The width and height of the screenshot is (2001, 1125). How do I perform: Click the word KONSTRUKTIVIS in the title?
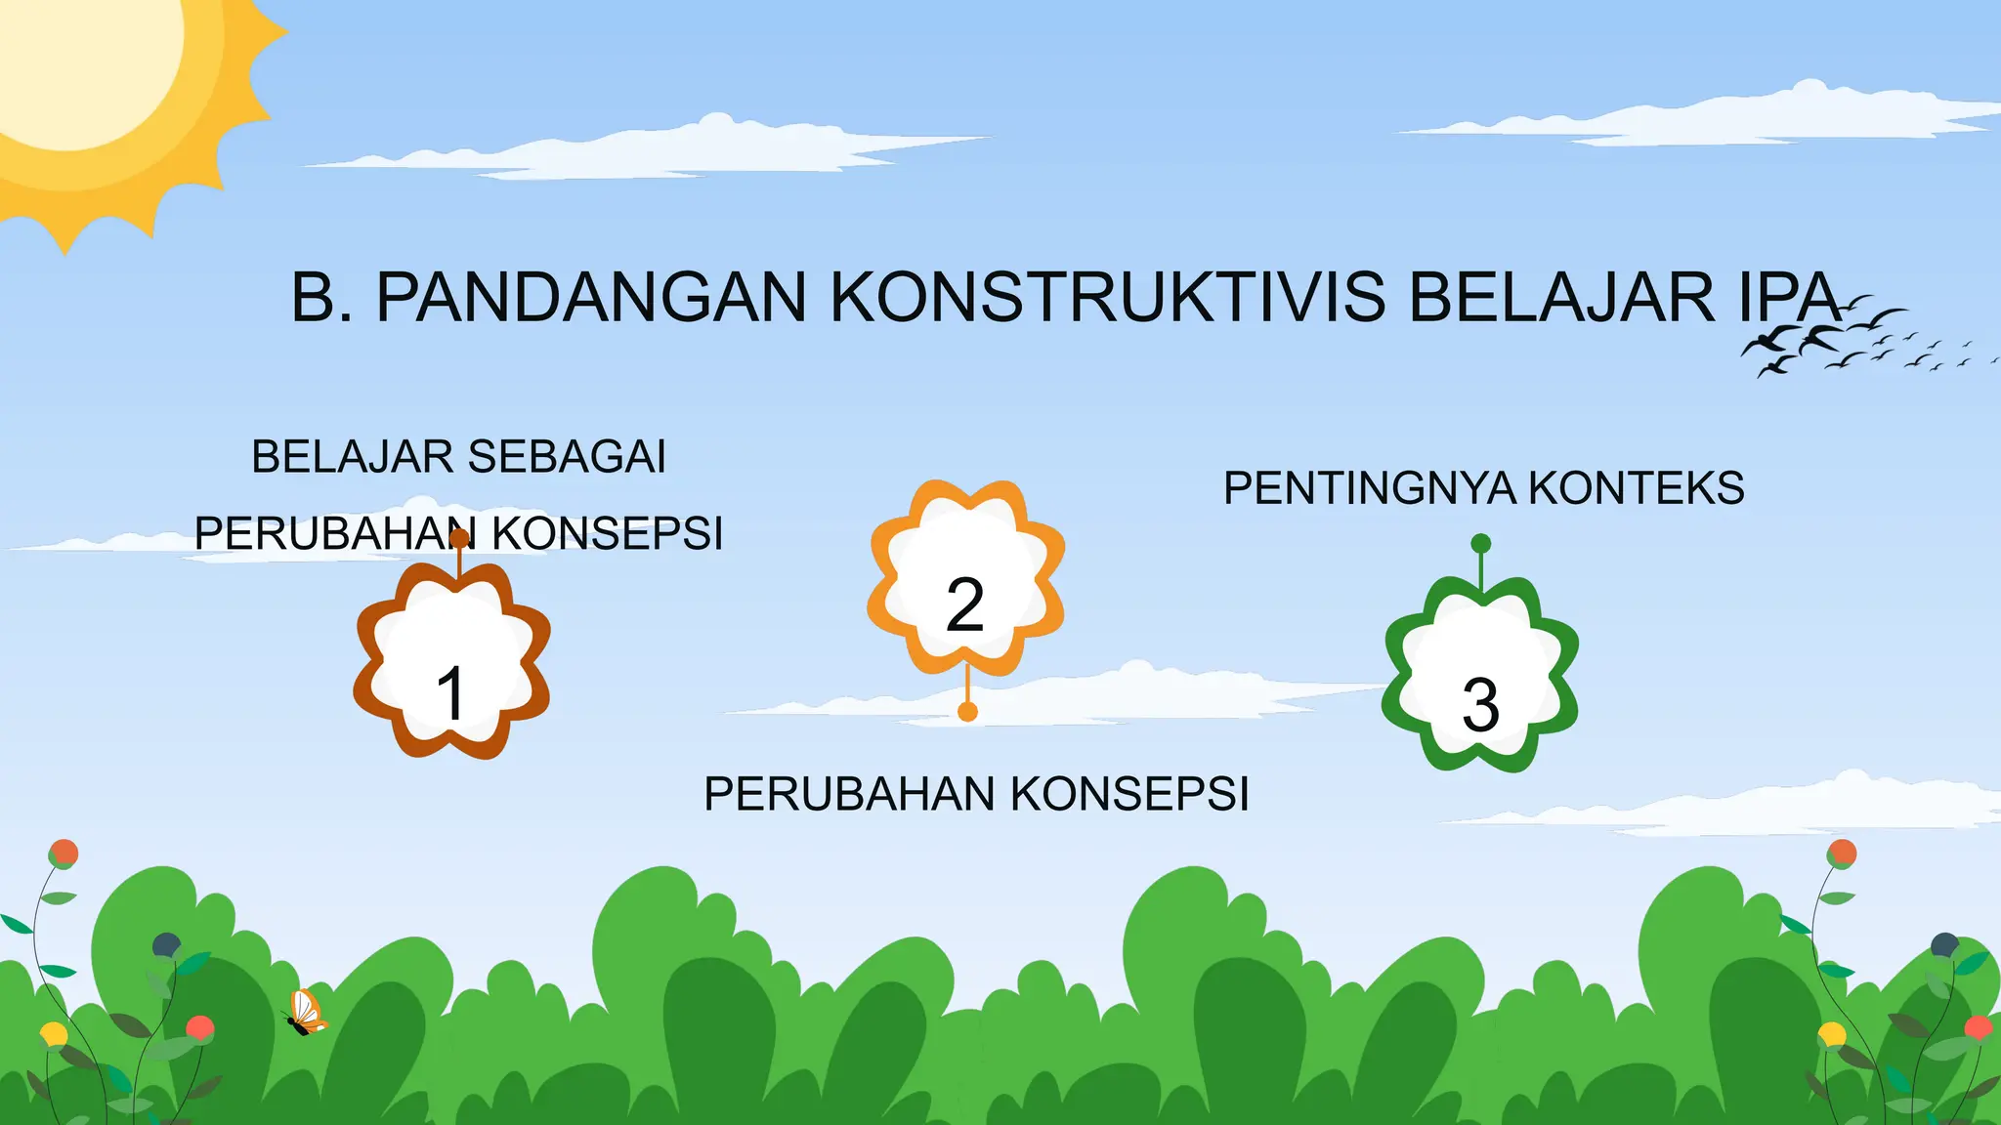(1107, 297)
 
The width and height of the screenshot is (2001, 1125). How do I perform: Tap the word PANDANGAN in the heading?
(591, 297)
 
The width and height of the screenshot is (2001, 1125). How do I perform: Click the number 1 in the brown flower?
(450, 693)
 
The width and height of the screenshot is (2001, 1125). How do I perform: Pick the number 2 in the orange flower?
(965, 604)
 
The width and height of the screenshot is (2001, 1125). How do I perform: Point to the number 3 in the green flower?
(1480, 704)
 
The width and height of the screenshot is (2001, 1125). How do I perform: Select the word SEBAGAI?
(568, 457)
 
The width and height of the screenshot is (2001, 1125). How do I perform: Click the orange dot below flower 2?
(967, 712)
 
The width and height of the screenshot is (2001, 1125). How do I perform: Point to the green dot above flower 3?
(1481, 544)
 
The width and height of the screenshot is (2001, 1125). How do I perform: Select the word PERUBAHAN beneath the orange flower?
(849, 794)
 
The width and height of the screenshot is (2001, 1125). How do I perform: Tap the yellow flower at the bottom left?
(53, 1033)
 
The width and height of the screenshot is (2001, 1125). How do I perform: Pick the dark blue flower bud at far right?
(1944, 944)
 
